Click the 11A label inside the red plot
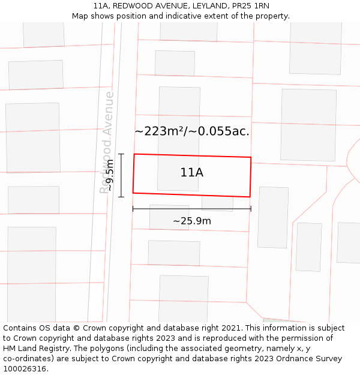pyautogui.click(x=191, y=172)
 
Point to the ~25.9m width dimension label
pyautogui.click(x=192, y=221)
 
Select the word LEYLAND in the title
pyautogui.click(x=202, y=5)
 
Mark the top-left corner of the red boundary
pyautogui.click(x=134, y=154)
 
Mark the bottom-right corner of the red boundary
pyautogui.click(x=250, y=197)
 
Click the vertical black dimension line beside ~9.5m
pyautogui.click(x=121, y=175)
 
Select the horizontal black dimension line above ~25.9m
pyautogui.click(x=192, y=209)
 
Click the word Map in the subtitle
pyautogui.click(x=80, y=16)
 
